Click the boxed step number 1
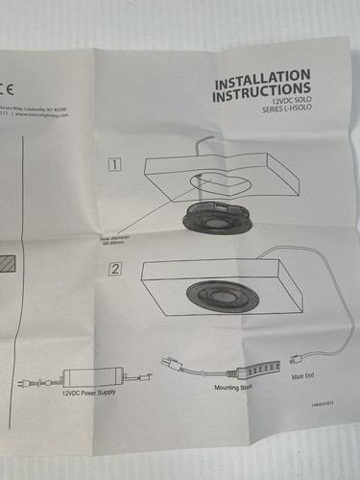coord(115,164)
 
